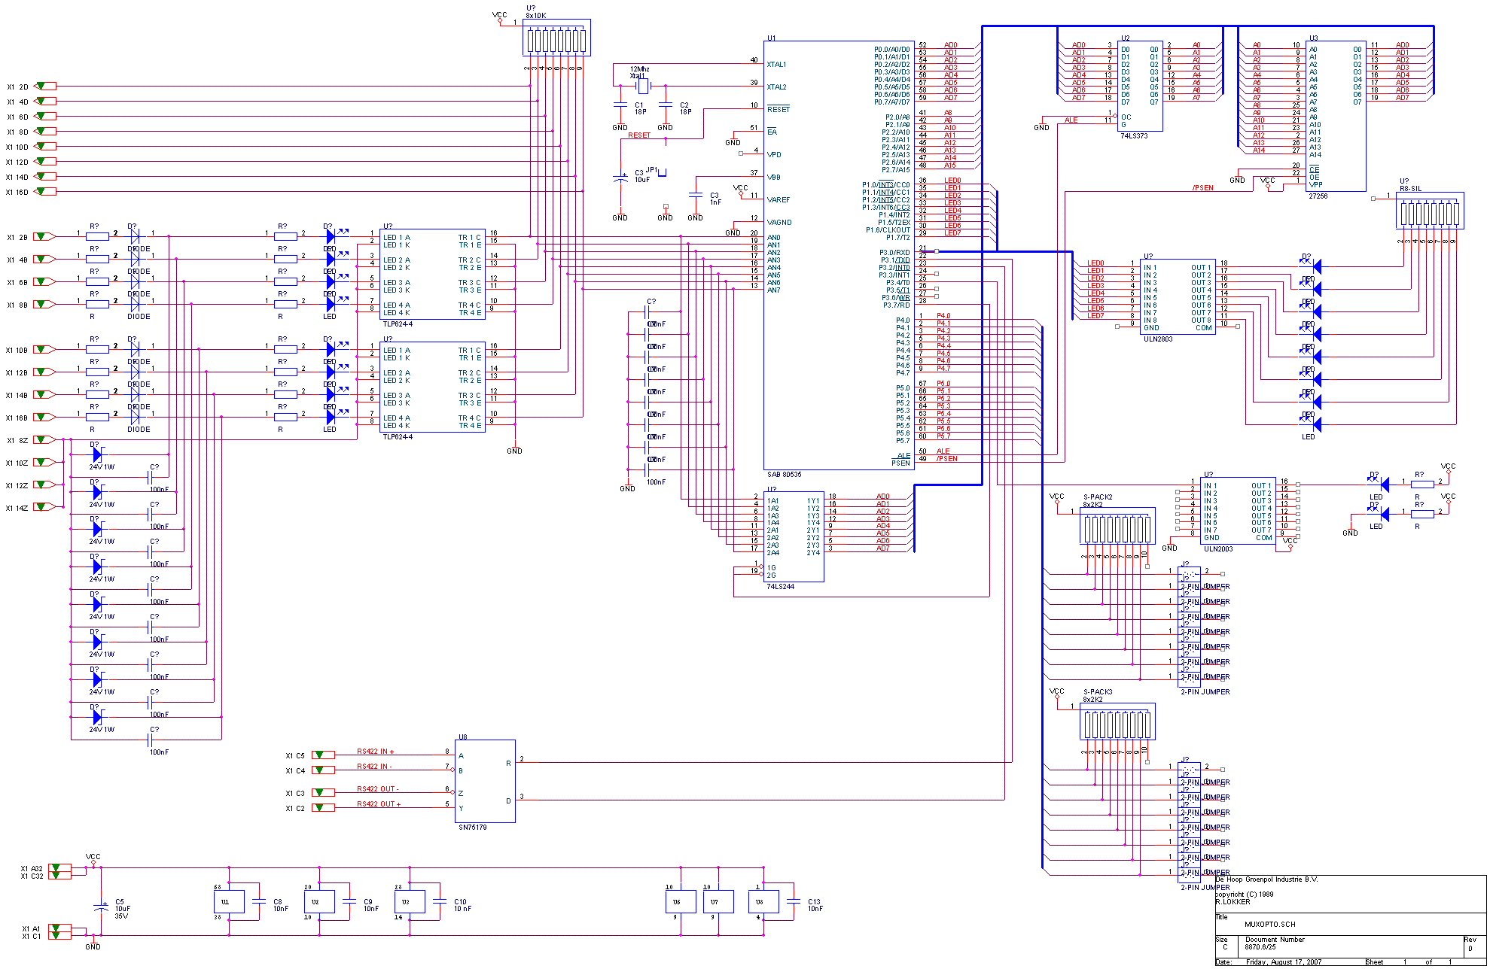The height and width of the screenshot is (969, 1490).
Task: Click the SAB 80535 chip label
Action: click(x=784, y=475)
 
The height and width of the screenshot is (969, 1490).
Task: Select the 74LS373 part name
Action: click(x=1134, y=136)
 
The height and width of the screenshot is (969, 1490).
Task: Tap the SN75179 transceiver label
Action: click(x=472, y=828)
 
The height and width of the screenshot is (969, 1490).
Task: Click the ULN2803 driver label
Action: click(x=1157, y=339)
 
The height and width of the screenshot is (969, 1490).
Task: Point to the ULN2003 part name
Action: click(x=1218, y=549)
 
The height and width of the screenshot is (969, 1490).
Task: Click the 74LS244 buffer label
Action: click(x=780, y=587)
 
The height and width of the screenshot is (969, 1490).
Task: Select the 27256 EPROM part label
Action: click(x=1318, y=196)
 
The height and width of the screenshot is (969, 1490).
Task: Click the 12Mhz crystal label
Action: click(x=639, y=69)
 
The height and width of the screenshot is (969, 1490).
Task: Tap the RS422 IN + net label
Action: click(x=375, y=752)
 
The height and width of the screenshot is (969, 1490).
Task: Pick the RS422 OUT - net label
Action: click(x=377, y=789)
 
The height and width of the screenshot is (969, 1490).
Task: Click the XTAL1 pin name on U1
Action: click(x=776, y=65)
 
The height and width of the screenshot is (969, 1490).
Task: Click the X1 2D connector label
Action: click(x=17, y=87)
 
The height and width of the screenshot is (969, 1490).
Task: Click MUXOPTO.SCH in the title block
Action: click(x=1269, y=925)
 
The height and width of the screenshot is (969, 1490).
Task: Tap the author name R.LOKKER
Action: click(x=1233, y=901)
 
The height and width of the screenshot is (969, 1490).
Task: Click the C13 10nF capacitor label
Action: click(x=815, y=905)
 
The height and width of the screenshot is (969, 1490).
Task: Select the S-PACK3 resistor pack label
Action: click(x=1097, y=692)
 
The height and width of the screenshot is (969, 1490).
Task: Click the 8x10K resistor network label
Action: click(x=535, y=16)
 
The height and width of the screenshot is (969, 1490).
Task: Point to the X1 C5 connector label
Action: click(x=294, y=756)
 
